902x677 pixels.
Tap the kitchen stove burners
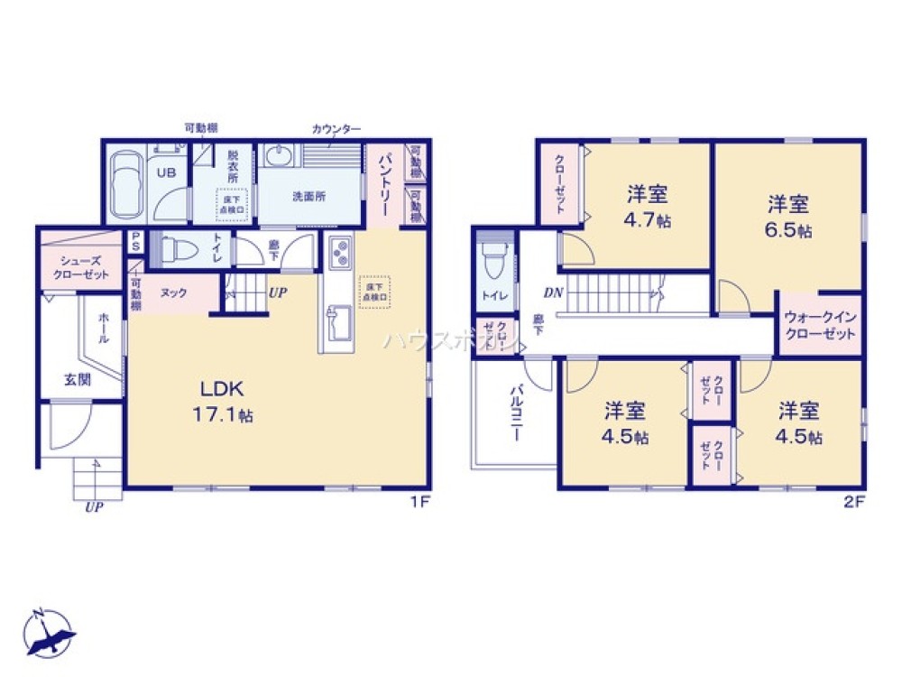[x=341, y=254]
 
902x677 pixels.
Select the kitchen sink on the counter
[x=341, y=320]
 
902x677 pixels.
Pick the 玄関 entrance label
[x=77, y=380]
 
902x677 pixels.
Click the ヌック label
[x=174, y=293]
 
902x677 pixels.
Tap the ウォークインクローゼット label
[x=819, y=326]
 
